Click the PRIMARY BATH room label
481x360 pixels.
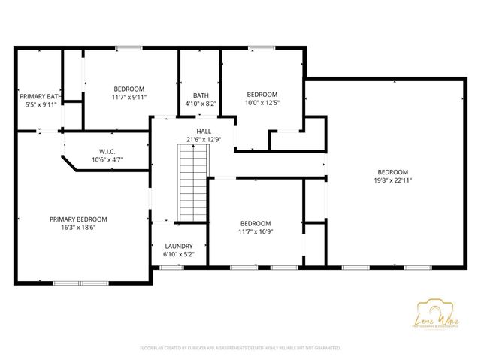[x=41, y=96]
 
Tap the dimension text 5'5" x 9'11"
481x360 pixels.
[x=41, y=105]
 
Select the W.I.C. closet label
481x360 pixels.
[x=107, y=151]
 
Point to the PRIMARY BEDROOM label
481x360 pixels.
[x=78, y=219]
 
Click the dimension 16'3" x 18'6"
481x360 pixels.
[x=78, y=228]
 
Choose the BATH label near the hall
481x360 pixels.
[x=200, y=95]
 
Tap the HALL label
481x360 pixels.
[x=204, y=131]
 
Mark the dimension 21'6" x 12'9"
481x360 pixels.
[x=204, y=139]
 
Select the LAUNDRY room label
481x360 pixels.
[x=179, y=246]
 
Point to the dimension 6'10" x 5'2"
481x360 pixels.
[x=179, y=254]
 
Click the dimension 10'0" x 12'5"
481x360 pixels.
[x=262, y=103]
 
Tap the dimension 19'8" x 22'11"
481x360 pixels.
[x=392, y=180]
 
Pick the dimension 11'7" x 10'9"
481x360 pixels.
[x=256, y=232]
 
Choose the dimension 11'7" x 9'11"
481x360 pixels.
[x=129, y=97]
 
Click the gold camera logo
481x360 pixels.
[x=429, y=310]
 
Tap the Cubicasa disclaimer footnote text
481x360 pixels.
[x=240, y=349]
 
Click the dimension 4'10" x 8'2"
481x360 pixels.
[x=200, y=104]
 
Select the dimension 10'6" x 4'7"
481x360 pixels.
[x=107, y=159]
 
